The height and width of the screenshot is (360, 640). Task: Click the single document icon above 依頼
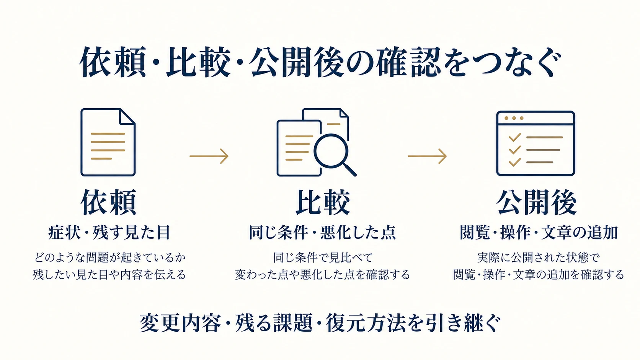[x=108, y=142]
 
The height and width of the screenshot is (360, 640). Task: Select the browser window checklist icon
[x=536, y=143]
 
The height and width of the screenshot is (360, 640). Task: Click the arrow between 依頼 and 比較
[x=209, y=156]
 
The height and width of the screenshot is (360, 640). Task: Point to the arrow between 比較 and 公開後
[x=427, y=156]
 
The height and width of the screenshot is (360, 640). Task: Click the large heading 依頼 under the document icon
[x=108, y=202]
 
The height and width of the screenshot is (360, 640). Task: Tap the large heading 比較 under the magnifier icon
[x=323, y=202]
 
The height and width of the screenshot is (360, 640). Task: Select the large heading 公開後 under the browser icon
[x=537, y=202]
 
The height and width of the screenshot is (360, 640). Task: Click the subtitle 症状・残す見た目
[x=109, y=232]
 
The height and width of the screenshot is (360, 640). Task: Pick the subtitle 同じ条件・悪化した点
[x=322, y=232]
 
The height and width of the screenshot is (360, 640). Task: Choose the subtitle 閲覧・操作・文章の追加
[x=539, y=232]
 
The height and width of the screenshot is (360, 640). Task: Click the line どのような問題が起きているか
[x=110, y=257]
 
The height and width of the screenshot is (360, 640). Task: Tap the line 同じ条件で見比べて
[x=323, y=257]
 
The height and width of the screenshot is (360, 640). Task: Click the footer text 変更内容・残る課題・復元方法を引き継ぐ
[x=320, y=323]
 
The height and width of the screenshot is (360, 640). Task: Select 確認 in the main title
[x=408, y=62]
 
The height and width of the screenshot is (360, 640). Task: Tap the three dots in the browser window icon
[x=514, y=118]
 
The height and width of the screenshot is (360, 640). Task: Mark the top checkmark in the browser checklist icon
[x=514, y=138]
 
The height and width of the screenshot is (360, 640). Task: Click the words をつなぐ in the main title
[x=501, y=62]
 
